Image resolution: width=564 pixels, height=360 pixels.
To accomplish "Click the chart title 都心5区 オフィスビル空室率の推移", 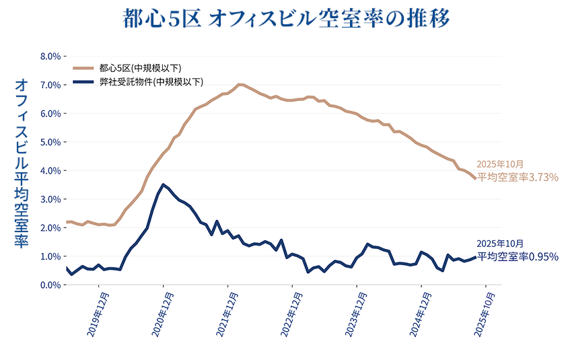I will pos(285,18).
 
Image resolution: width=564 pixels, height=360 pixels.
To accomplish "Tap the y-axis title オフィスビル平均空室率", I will pos(21,163).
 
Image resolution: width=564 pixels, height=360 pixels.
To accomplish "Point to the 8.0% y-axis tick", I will pos(51,57).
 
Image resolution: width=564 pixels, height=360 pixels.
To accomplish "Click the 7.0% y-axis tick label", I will pos(51,85).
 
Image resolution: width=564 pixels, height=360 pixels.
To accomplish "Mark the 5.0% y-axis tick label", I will pos(51,143).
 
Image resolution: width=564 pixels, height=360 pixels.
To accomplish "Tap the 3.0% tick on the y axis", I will pos(51,200).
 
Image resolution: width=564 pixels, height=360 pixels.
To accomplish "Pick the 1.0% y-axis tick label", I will pos(51,256).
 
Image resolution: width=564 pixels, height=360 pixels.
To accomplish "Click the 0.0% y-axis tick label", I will pos(51,285).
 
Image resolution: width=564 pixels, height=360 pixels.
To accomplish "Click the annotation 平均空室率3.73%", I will pos(518,177).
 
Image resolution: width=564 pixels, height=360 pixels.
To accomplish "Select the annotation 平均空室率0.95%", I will pos(518,256).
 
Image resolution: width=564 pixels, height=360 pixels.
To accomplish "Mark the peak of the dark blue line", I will pos(164,184).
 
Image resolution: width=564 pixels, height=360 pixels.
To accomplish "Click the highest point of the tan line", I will pos(240,84).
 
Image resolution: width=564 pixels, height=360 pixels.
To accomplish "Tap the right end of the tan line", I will pos(475,178).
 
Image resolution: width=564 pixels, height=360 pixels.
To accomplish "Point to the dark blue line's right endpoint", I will pos(475,257).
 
